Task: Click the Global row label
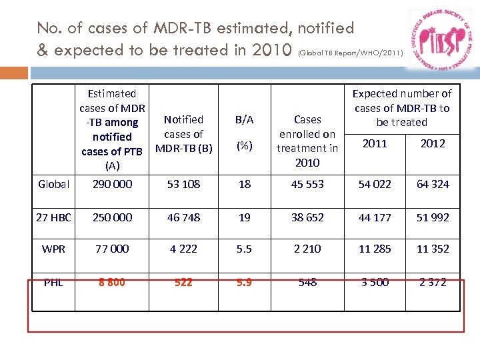pyautogui.click(x=54, y=184)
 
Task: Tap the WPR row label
pyautogui.click(x=54, y=249)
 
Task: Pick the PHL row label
pyautogui.click(x=54, y=282)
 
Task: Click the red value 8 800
pyautogui.click(x=111, y=282)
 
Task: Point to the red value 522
pyautogui.click(x=183, y=282)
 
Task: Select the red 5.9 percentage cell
pyautogui.click(x=245, y=282)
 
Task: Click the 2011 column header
pyautogui.click(x=374, y=143)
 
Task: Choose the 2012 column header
pyautogui.click(x=433, y=143)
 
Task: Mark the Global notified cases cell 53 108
pyautogui.click(x=183, y=184)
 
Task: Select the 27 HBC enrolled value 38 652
pyautogui.click(x=307, y=217)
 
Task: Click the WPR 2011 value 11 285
pyautogui.click(x=374, y=249)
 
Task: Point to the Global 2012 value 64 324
pyautogui.click(x=433, y=184)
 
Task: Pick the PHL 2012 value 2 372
pyautogui.click(x=433, y=282)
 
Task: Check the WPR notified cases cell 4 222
pyautogui.click(x=183, y=249)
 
